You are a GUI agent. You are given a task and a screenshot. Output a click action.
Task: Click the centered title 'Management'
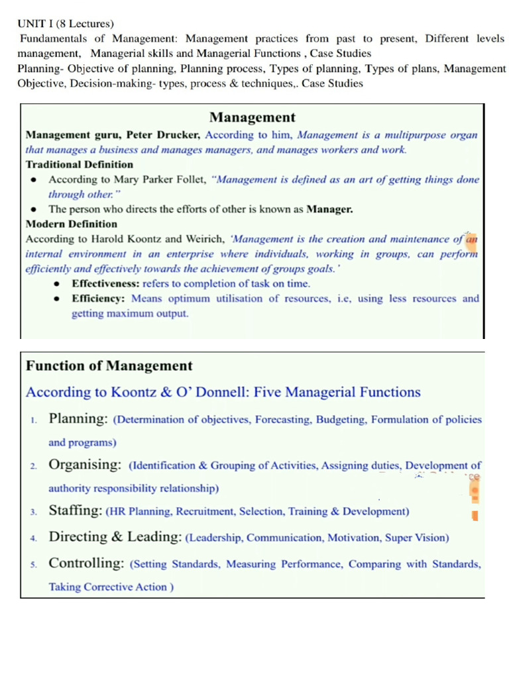(253, 118)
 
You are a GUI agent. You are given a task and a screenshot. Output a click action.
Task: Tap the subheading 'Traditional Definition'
(79, 164)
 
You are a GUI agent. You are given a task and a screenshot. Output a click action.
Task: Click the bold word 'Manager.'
(329, 209)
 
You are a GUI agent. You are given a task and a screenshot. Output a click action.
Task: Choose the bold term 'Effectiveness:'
(105, 283)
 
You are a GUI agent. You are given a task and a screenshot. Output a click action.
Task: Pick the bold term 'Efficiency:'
(100, 299)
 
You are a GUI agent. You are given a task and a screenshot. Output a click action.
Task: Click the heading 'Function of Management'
(109, 365)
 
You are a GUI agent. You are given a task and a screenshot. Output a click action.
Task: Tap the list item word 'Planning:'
(79, 418)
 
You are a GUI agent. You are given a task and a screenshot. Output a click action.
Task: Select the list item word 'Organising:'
(85, 465)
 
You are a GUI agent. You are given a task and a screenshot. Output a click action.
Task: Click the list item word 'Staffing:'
(76, 510)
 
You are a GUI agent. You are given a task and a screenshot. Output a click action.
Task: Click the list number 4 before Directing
(33, 538)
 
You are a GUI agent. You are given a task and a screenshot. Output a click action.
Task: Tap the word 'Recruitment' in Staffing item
(203, 512)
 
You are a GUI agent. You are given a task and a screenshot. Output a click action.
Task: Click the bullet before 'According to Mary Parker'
(33, 179)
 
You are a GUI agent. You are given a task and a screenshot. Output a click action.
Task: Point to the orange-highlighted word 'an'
(471, 239)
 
